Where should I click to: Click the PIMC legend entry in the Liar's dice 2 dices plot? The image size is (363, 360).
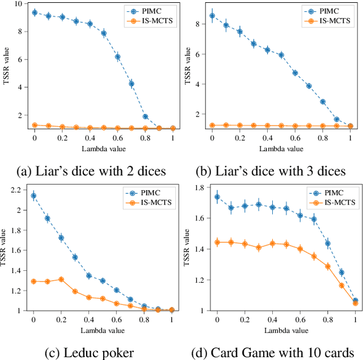(149, 11)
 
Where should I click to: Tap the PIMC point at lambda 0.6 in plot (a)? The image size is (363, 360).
(117, 57)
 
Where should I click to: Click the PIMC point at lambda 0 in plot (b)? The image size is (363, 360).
(212, 16)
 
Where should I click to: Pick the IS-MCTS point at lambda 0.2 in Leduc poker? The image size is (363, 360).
(62, 279)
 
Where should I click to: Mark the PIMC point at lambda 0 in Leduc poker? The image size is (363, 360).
(34, 195)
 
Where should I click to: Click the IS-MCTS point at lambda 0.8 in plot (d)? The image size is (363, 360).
(327, 266)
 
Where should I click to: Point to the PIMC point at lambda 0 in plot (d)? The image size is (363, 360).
(217, 197)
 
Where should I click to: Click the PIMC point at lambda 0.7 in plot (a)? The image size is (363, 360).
(132, 83)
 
